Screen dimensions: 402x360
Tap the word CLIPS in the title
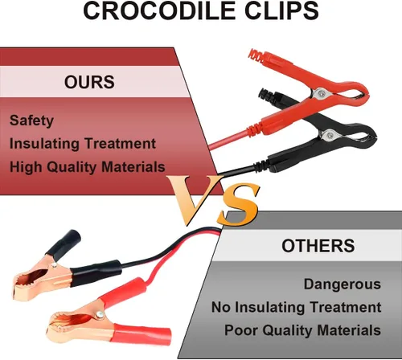(278, 10)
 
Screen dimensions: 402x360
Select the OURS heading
(89, 82)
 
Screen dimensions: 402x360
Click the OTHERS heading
(318, 245)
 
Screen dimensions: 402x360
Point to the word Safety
(31, 121)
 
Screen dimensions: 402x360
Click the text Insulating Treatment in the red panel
(83, 144)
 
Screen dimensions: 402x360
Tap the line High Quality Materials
(87, 167)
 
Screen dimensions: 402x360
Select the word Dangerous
(343, 284)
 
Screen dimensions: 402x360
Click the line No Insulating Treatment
(296, 307)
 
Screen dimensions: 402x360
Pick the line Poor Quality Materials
(302, 330)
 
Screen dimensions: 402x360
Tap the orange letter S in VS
(238, 204)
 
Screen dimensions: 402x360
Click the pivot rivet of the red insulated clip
(322, 93)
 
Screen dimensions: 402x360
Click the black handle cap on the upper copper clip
(64, 244)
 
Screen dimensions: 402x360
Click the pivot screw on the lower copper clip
(100, 314)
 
